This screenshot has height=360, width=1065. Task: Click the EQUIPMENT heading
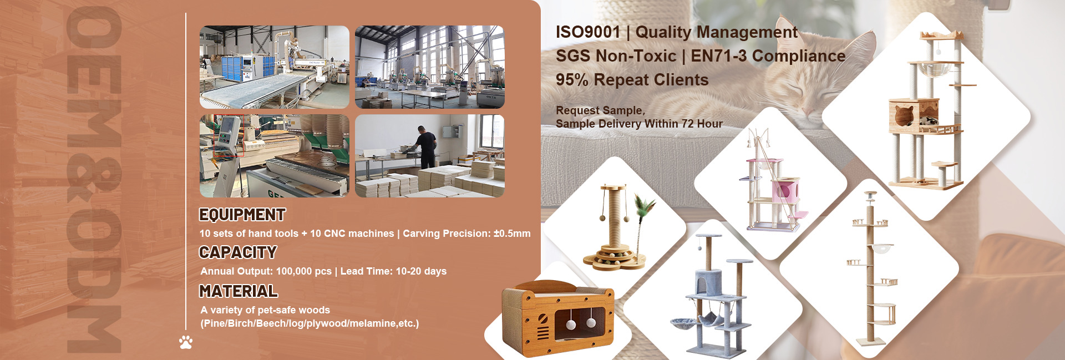tap(242, 215)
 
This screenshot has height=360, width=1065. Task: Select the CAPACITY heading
tap(238, 252)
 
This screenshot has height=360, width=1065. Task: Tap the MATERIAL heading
tap(239, 291)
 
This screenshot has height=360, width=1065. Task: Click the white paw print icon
tap(186, 342)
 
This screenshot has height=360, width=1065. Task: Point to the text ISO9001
tap(588, 32)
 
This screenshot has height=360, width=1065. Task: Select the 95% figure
tap(572, 80)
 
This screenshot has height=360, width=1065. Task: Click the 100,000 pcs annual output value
tap(303, 271)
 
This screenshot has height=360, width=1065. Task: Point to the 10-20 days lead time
tap(421, 271)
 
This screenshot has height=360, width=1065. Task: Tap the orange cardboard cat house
tap(557, 318)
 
